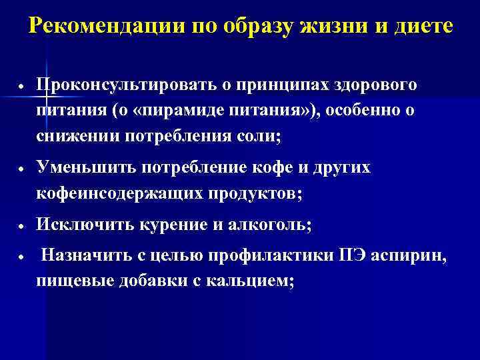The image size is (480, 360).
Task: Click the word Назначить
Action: pyautogui.click(x=83, y=257)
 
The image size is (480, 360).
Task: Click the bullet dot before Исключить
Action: pyautogui.click(x=23, y=226)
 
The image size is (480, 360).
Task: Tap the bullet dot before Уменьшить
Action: pyautogui.click(x=23, y=169)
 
